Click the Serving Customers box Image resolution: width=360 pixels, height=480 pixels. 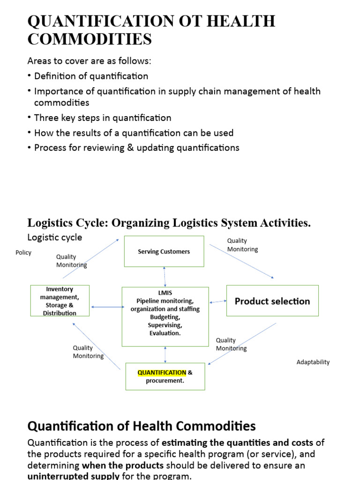pyautogui.click(x=164, y=252)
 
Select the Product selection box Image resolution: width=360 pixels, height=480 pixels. pyautogui.click(x=272, y=301)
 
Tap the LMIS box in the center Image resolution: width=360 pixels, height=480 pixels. pyautogui.click(x=165, y=316)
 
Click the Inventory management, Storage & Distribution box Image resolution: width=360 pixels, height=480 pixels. pyautogui.click(x=60, y=301)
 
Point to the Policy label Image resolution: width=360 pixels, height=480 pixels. pyautogui.click(x=23, y=253)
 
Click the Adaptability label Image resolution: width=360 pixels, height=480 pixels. pyautogui.click(x=313, y=362)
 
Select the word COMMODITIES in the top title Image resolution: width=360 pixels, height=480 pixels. pyautogui.click(x=90, y=39)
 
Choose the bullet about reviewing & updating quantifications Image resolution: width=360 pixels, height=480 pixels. pyautogui.click(x=136, y=148)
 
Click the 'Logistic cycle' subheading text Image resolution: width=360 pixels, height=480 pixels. pyautogui.click(x=55, y=237)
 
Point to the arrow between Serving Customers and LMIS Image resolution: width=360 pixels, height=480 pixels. pyautogui.click(x=165, y=277)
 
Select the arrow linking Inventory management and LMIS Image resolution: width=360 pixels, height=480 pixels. pyautogui.click(x=106, y=307)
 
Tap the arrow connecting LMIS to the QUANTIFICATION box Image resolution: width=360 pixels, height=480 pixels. pyautogui.click(x=165, y=355)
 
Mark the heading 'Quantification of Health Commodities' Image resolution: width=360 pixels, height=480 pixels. pyautogui.click(x=142, y=426)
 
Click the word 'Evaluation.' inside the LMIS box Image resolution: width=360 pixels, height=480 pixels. pyautogui.click(x=165, y=333)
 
